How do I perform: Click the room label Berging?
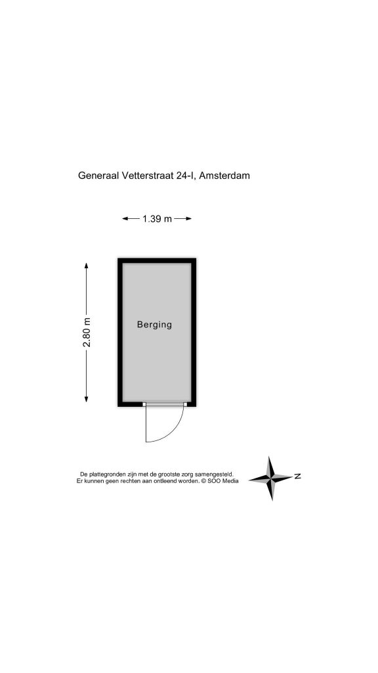click(154, 325)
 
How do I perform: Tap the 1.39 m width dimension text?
click(157, 219)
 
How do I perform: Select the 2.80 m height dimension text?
click(87, 332)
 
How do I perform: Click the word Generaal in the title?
click(98, 175)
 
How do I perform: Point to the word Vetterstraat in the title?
click(148, 175)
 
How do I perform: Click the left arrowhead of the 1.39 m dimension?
click(125, 219)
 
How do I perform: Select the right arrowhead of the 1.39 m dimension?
click(188, 219)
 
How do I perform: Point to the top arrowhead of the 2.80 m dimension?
click(87, 266)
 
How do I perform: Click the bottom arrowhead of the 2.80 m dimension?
click(87, 399)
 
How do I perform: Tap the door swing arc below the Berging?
click(173, 432)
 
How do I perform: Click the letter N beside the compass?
click(297, 476)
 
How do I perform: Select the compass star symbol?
click(271, 478)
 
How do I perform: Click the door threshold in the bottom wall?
click(165, 404)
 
